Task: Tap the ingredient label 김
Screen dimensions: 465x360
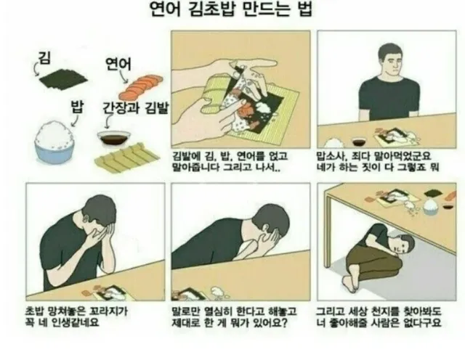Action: click(44, 58)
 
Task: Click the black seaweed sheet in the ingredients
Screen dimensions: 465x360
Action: click(64, 79)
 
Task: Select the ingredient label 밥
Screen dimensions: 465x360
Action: click(77, 107)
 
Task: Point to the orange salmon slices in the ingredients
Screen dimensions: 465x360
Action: click(140, 87)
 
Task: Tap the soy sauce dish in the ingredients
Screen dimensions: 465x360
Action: click(114, 139)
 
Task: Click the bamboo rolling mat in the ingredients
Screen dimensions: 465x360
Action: click(127, 157)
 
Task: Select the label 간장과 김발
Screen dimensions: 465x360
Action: click(135, 108)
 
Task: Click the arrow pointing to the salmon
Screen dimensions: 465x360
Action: click(124, 77)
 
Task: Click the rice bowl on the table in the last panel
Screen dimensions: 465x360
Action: click(431, 206)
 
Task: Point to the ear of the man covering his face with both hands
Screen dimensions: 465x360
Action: click(86, 219)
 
